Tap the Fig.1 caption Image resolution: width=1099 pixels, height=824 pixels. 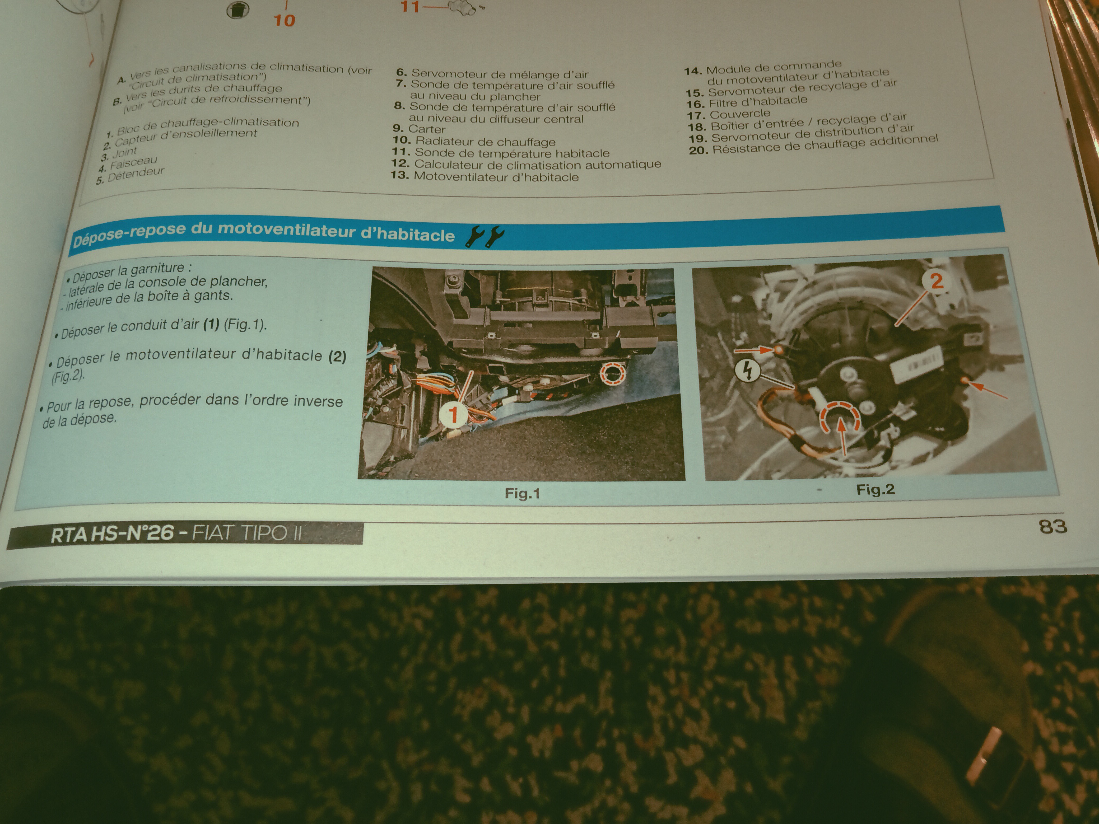pos(522,493)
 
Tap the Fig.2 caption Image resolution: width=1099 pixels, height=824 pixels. pos(876,490)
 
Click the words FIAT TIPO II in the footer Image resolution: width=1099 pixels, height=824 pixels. pos(247,533)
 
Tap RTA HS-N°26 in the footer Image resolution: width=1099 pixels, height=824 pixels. pos(112,535)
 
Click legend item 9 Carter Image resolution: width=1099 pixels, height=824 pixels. pos(419,129)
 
